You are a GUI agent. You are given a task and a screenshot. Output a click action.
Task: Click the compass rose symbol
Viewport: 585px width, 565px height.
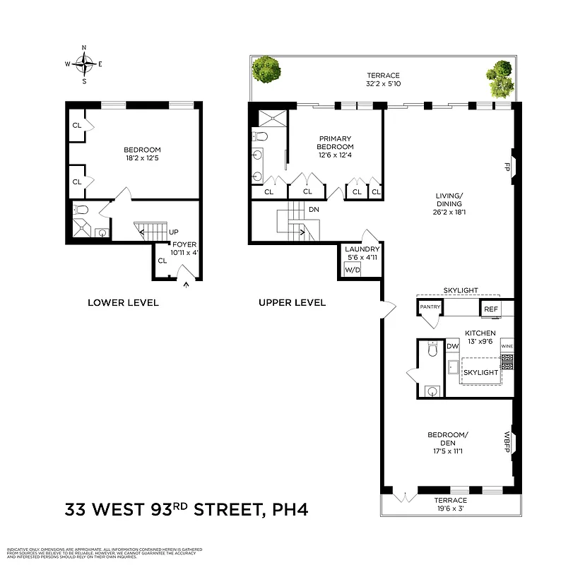point(84,64)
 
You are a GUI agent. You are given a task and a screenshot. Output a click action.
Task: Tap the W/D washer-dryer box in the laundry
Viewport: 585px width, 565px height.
point(352,269)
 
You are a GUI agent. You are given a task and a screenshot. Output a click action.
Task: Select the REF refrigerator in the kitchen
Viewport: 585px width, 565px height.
point(490,308)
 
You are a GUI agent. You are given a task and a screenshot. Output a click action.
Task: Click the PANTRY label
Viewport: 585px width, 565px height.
point(430,307)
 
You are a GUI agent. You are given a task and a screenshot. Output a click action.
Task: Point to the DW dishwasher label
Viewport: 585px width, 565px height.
point(453,346)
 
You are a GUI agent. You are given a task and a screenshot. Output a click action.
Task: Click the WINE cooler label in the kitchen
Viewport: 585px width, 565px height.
point(507,347)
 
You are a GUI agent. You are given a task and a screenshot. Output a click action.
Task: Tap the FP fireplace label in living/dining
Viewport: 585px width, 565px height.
point(506,167)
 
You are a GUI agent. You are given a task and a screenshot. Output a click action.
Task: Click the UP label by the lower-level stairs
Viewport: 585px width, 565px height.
point(173,232)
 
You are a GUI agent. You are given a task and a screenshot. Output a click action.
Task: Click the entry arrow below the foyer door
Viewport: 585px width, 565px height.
point(186,285)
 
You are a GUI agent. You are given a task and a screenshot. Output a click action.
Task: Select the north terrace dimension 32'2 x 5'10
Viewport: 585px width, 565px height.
point(383,85)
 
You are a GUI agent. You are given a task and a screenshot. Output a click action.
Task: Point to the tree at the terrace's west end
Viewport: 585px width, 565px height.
point(267,69)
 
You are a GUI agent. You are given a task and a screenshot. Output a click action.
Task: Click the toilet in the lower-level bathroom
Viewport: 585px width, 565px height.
point(81,210)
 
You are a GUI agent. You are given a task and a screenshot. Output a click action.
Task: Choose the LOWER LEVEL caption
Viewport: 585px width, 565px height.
point(123,302)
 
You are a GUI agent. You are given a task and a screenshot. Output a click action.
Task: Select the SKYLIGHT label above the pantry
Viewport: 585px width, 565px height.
point(461,290)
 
